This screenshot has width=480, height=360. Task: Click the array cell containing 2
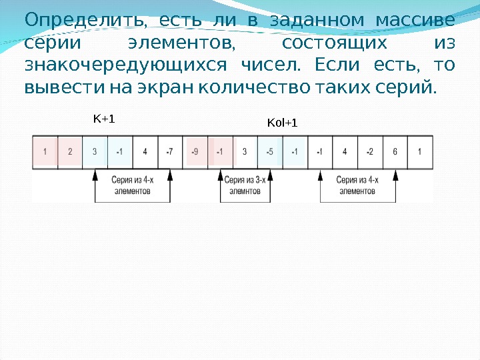click(70, 151)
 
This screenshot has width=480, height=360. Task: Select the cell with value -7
click(170, 151)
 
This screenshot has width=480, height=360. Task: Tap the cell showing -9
click(195, 151)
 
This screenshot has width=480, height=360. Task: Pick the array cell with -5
click(269, 151)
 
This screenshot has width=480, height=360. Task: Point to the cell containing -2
click(369, 151)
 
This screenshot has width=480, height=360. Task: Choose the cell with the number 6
click(395, 151)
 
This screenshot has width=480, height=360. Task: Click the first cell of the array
click(45, 151)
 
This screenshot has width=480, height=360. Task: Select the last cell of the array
click(419, 151)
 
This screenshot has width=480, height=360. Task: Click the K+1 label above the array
click(104, 119)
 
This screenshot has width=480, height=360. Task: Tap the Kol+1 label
click(282, 123)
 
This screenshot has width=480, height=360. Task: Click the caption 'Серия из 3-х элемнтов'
click(245, 185)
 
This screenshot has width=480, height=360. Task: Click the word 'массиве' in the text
click(415, 21)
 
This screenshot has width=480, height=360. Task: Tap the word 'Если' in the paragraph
click(341, 65)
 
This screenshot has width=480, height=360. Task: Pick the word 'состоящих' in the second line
click(334, 43)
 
